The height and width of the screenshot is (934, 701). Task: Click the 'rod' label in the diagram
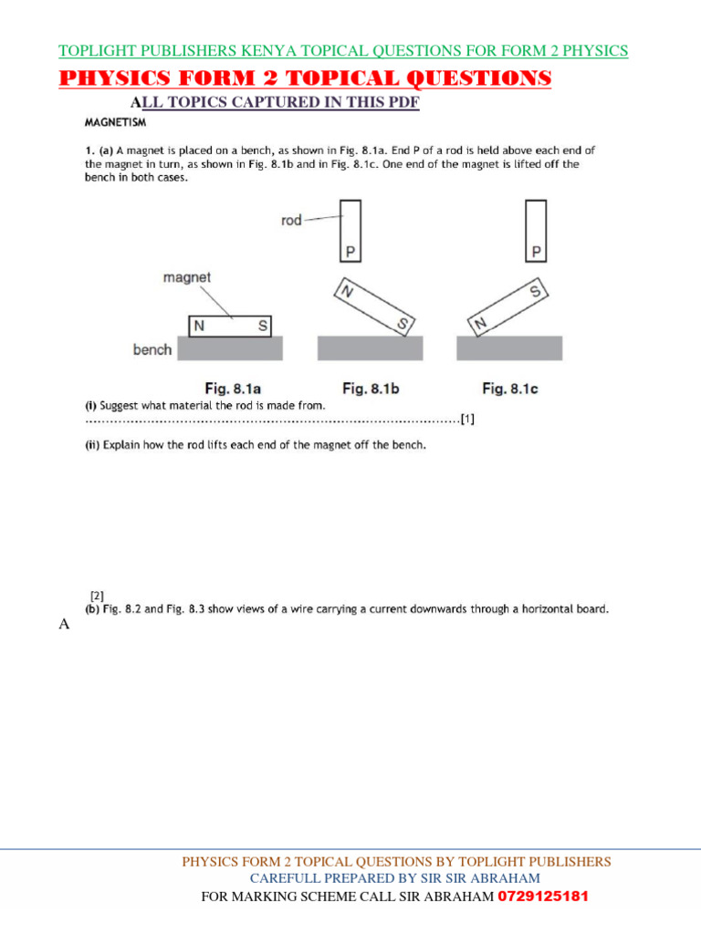[291, 221]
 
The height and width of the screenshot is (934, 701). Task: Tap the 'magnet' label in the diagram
[187, 277]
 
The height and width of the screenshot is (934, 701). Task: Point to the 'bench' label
[152, 349]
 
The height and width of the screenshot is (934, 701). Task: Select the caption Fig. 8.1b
[371, 389]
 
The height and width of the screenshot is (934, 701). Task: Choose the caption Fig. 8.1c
[510, 389]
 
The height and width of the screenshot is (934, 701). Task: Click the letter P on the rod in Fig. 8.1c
[537, 251]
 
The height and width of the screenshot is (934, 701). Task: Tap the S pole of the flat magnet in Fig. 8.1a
[261, 326]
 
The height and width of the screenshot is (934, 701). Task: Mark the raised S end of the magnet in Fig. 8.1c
[535, 292]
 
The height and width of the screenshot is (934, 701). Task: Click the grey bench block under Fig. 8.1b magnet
[370, 348]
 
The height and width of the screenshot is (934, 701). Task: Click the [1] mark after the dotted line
[467, 420]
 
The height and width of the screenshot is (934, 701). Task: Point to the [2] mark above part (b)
[96, 596]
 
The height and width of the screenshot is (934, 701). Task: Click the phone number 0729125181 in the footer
[542, 897]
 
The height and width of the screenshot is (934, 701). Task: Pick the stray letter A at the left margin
[64, 625]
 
